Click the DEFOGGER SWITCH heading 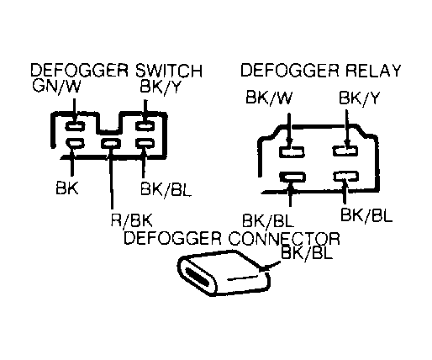116,70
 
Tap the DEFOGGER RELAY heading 321,70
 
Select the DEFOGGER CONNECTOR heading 232,238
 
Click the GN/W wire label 56,87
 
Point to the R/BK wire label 132,220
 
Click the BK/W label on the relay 269,98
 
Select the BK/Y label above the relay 359,98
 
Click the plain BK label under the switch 67,188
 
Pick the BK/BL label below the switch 166,189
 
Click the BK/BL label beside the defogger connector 307,252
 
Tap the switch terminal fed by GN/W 75,126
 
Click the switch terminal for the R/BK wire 111,144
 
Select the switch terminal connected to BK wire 75,143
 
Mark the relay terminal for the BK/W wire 292,152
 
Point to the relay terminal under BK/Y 345,151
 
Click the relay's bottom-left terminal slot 292,177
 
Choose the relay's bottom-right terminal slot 346,177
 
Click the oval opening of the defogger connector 197,277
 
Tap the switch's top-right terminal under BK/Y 145,125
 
